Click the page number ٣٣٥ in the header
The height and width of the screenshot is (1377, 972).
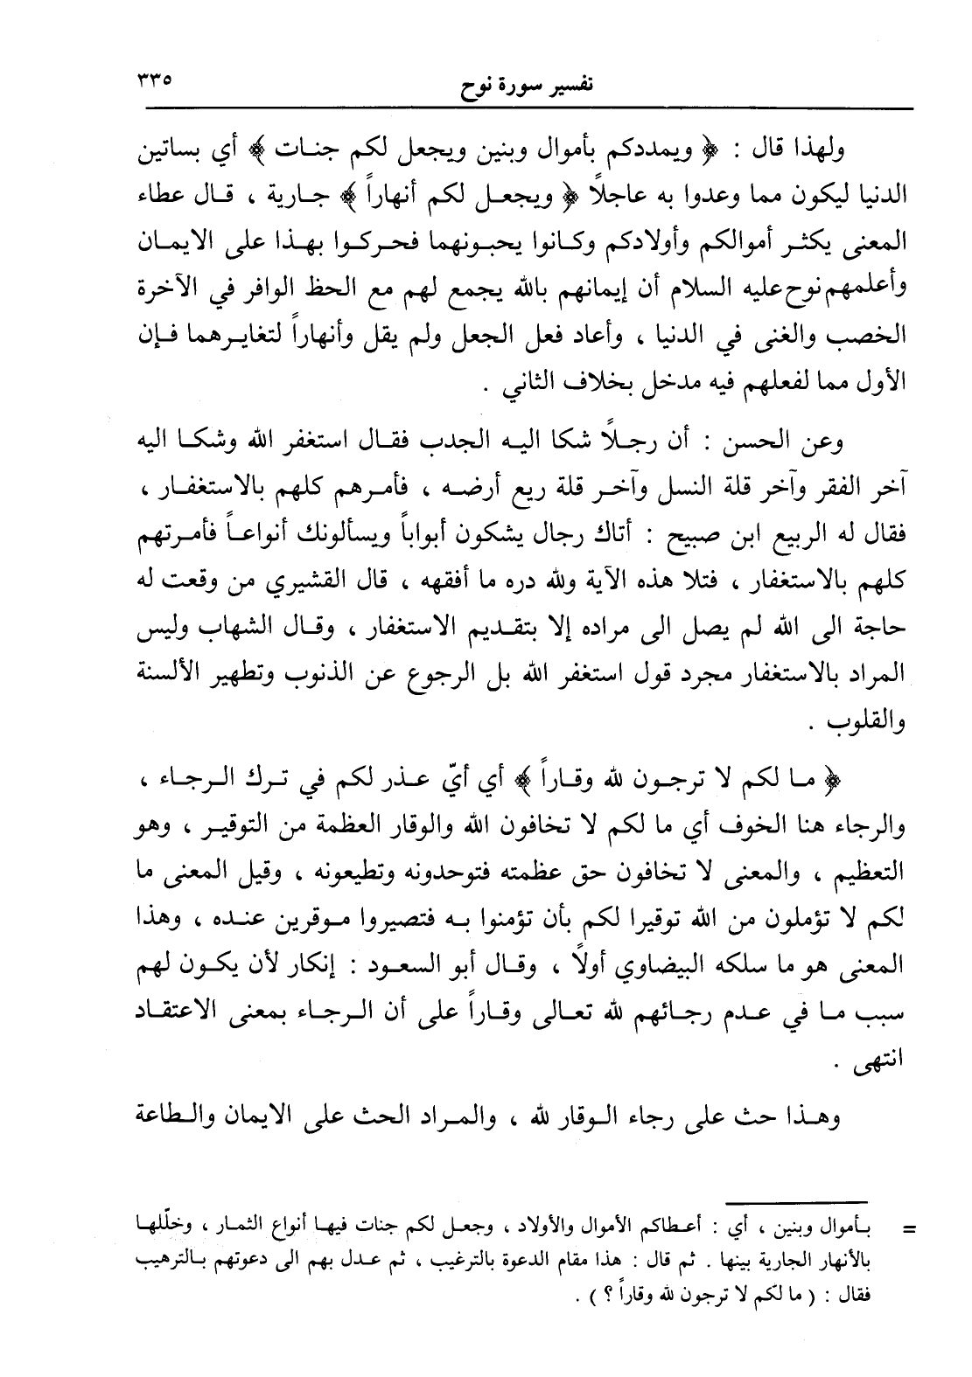coord(154,81)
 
